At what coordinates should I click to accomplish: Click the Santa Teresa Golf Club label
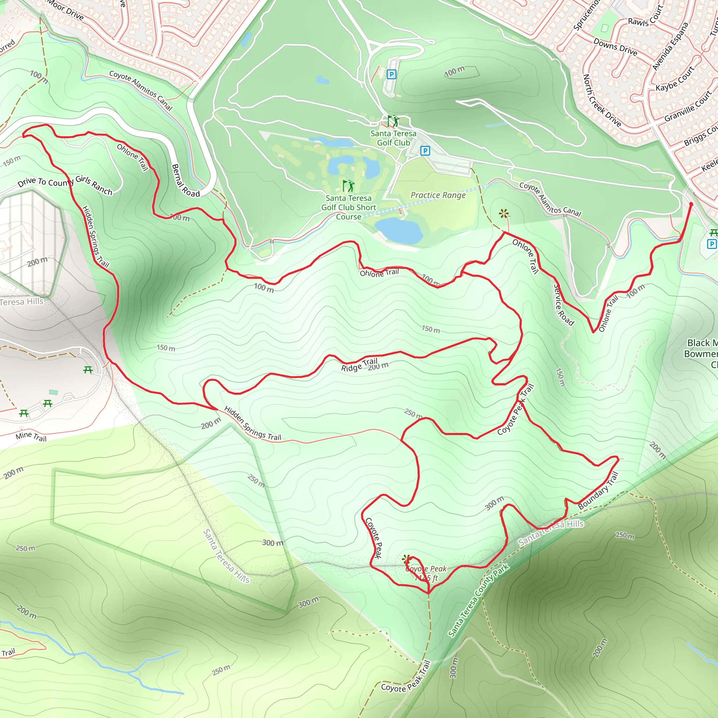[393, 138]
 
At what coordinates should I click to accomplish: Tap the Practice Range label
[438, 195]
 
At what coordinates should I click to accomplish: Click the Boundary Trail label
[598, 490]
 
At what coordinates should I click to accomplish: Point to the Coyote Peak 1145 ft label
[426, 573]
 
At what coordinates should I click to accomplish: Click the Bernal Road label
[185, 181]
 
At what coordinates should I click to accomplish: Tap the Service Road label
[563, 305]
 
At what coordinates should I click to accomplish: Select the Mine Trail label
[31, 436]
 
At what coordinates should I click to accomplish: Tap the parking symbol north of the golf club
[391, 75]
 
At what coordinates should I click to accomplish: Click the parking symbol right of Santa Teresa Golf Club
[425, 150]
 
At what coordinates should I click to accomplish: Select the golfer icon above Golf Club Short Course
[348, 186]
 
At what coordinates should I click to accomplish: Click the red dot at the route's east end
[691, 204]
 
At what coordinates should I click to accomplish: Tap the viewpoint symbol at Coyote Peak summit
[407, 558]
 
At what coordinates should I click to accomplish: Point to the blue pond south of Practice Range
[398, 230]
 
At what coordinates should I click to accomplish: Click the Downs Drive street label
[615, 47]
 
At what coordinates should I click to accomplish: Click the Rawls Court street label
[645, 17]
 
